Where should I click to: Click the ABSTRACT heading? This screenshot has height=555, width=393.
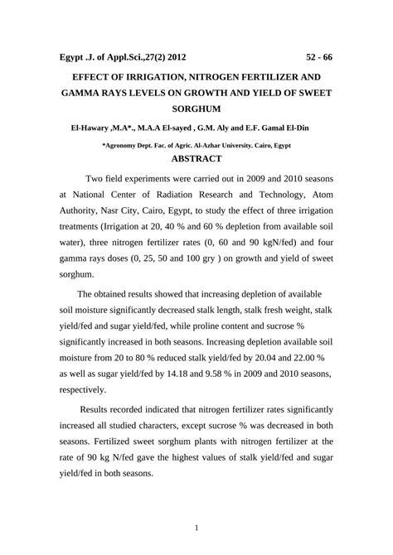pos(196,158)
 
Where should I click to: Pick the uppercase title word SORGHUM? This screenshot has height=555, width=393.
pos(196,108)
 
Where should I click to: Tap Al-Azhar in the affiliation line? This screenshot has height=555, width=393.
pos(226,143)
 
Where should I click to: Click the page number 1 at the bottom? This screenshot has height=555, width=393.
pos(196,528)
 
